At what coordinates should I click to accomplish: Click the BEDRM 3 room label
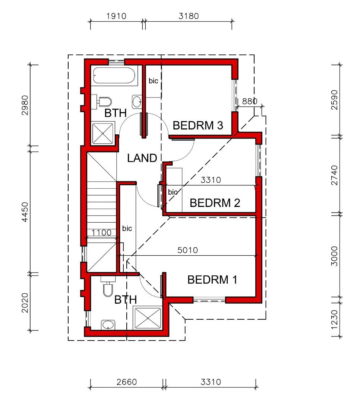click(x=198, y=125)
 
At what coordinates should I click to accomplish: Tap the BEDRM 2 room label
click(x=215, y=203)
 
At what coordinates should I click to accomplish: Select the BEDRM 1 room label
click(x=212, y=280)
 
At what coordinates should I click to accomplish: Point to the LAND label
click(x=142, y=158)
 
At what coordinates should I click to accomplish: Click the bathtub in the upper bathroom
click(x=114, y=75)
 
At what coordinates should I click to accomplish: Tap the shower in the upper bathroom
click(x=103, y=133)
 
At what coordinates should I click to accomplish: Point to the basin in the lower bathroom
click(x=108, y=325)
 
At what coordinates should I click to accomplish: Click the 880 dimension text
click(x=250, y=101)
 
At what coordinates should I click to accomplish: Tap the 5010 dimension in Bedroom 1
click(x=188, y=250)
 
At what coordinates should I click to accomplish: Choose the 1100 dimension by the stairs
click(x=102, y=233)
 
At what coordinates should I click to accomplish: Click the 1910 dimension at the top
click(x=116, y=16)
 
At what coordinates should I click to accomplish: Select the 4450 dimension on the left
click(x=25, y=212)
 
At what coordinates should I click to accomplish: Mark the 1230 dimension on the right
click(x=334, y=320)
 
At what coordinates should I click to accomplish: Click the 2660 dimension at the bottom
click(x=127, y=382)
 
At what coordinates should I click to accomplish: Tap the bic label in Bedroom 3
click(x=153, y=81)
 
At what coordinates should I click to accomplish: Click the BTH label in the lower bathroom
click(x=126, y=300)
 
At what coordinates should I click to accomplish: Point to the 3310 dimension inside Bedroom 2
click(x=211, y=180)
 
